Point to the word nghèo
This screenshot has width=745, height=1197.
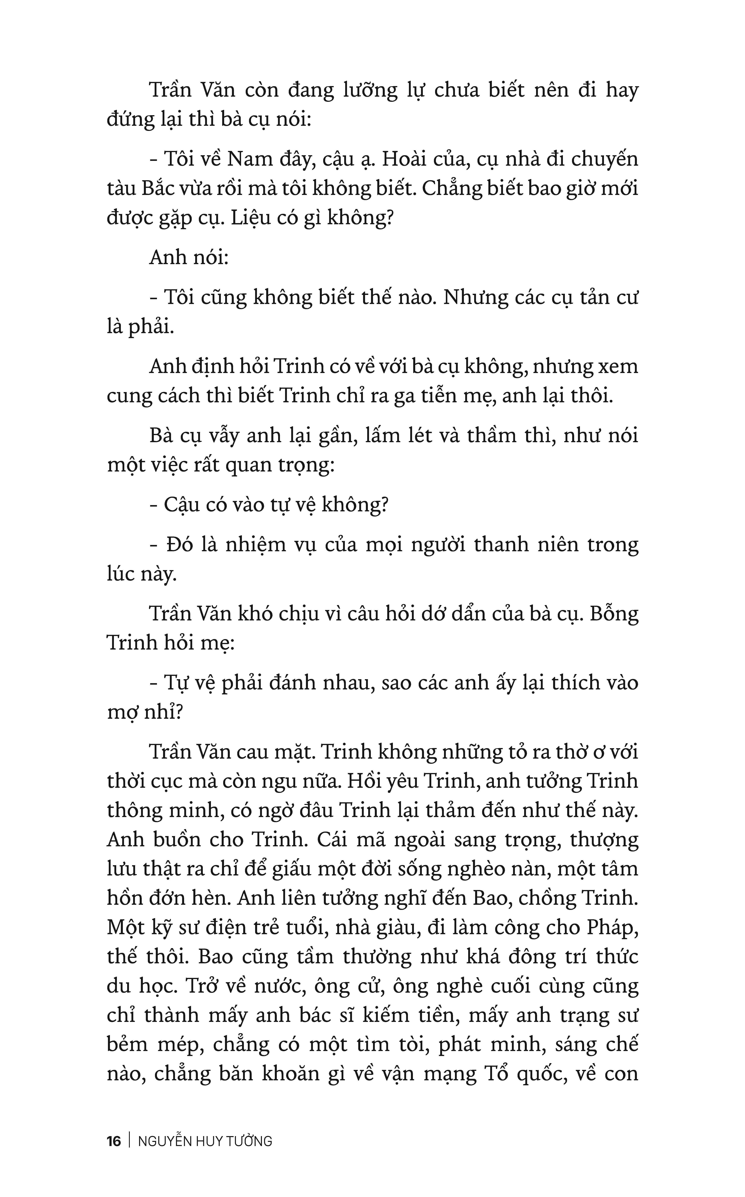click(x=498, y=869)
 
